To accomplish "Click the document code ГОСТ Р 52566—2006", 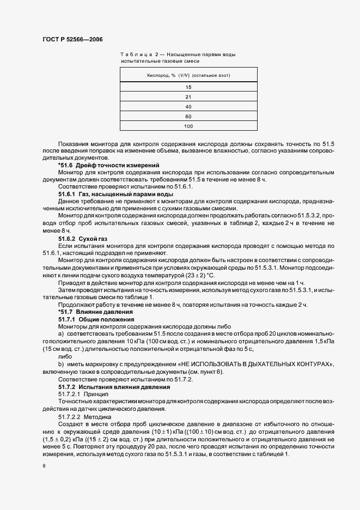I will coord(72,40).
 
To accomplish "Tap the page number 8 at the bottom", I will coord(44,466).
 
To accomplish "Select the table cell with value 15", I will coord(188,87).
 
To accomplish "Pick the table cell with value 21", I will coord(188,97).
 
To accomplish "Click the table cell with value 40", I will coord(188,107).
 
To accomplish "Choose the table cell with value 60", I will coord(188,117).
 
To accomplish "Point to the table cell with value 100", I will coord(188,126).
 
